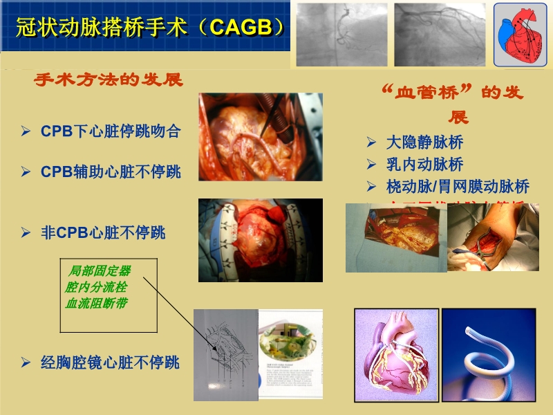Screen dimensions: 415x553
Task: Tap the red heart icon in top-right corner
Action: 521,35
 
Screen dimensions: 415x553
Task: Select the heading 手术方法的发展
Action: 109,80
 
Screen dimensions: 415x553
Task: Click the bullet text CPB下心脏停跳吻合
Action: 111,131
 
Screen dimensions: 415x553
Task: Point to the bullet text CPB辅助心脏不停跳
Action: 111,172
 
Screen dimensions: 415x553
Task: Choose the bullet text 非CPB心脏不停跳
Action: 103,232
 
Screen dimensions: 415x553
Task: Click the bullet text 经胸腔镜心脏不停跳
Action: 110,362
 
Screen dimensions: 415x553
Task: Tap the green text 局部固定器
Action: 100,270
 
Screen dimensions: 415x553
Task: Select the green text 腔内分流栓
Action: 96,286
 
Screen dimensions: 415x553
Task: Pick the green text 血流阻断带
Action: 96,303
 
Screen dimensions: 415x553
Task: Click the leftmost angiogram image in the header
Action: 341,35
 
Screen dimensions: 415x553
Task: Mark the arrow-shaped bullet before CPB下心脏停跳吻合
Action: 26,131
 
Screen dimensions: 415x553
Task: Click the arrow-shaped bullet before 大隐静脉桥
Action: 371,143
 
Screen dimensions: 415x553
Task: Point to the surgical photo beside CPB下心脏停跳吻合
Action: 260,137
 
